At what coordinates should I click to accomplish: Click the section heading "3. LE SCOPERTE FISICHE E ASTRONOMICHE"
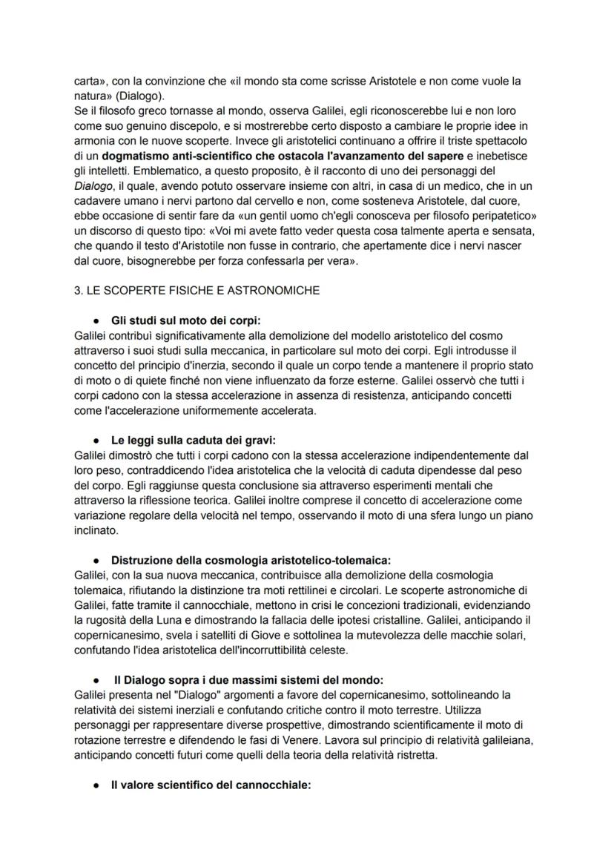(197, 291)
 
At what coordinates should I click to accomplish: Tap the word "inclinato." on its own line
(97, 529)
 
